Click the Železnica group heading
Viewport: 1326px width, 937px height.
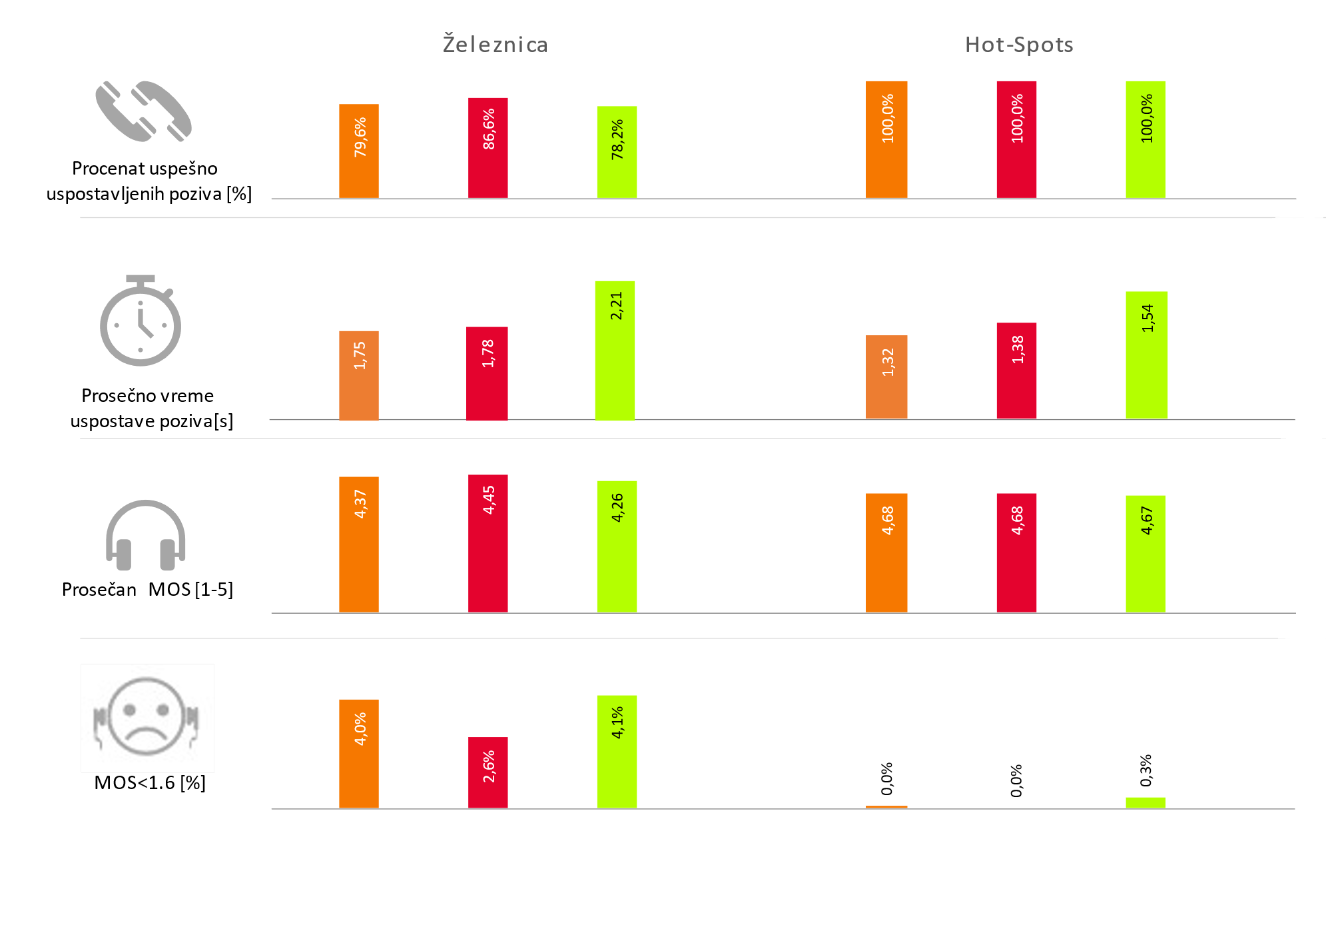click(x=496, y=45)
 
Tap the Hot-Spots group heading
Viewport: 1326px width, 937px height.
click(x=1019, y=45)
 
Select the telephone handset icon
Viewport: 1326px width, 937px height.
click(x=143, y=111)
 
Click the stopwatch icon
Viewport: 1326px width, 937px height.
click(x=141, y=321)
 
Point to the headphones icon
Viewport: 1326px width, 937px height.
click(x=145, y=535)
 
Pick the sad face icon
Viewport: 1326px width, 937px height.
click(x=146, y=717)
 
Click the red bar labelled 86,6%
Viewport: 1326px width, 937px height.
click(x=488, y=148)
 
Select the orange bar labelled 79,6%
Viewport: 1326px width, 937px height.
click(x=359, y=151)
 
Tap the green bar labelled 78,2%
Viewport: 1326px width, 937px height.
click(x=617, y=152)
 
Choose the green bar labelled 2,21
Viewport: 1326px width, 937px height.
click(x=615, y=351)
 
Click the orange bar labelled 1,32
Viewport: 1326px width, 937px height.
click(x=886, y=377)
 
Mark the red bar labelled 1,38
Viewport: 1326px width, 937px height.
click(x=1016, y=371)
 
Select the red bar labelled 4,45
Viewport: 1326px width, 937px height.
click(x=488, y=543)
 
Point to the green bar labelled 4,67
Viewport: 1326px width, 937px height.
click(x=1146, y=554)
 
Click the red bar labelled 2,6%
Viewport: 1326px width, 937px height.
click(x=488, y=772)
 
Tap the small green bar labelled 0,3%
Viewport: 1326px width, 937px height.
click(x=1146, y=802)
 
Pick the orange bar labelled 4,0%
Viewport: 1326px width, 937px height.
click(x=359, y=754)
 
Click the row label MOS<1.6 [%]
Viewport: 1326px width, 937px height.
click(x=150, y=782)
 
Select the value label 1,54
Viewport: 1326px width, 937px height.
click(x=1147, y=318)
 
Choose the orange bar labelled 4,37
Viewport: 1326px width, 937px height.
click(x=359, y=544)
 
